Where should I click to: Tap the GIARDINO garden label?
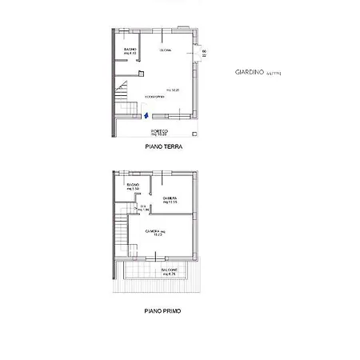click(248, 72)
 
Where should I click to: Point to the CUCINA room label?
click(166, 50)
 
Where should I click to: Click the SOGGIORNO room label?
click(154, 98)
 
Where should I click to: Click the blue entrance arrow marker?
click(145, 115)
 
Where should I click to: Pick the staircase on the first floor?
click(119, 230)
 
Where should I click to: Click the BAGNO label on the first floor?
click(133, 186)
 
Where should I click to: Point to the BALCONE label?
click(168, 270)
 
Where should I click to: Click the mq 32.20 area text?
click(172, 90)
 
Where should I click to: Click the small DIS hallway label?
click(143, 207)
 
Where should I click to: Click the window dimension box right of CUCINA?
click(204, 53)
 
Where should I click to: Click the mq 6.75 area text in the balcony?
click(168, 275)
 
